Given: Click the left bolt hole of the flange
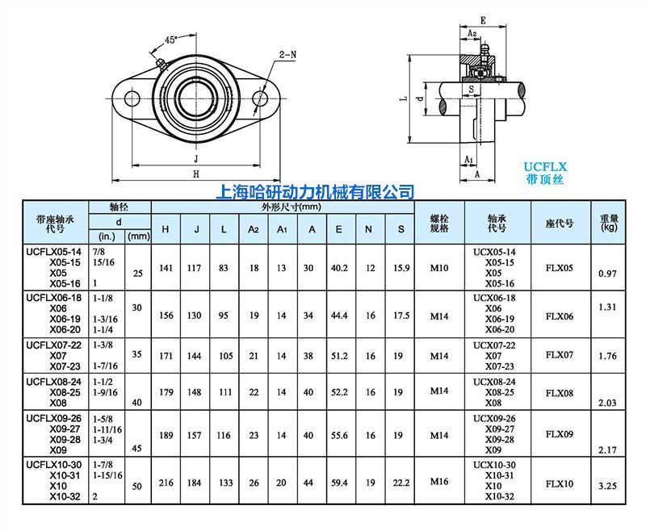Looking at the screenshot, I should click(x=129, y=98).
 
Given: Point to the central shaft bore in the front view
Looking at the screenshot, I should click(x=195, y=98).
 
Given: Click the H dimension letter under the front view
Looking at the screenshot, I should click(x=195, y=174).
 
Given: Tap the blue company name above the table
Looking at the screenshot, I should click(x=317, y=192).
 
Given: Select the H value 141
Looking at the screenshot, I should click(x=166, y=267).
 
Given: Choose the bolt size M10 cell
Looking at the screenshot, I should click(x=438, y=267).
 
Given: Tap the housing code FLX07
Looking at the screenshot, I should click(x=560, y=354).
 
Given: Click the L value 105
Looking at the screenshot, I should click(x=224, y=354).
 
